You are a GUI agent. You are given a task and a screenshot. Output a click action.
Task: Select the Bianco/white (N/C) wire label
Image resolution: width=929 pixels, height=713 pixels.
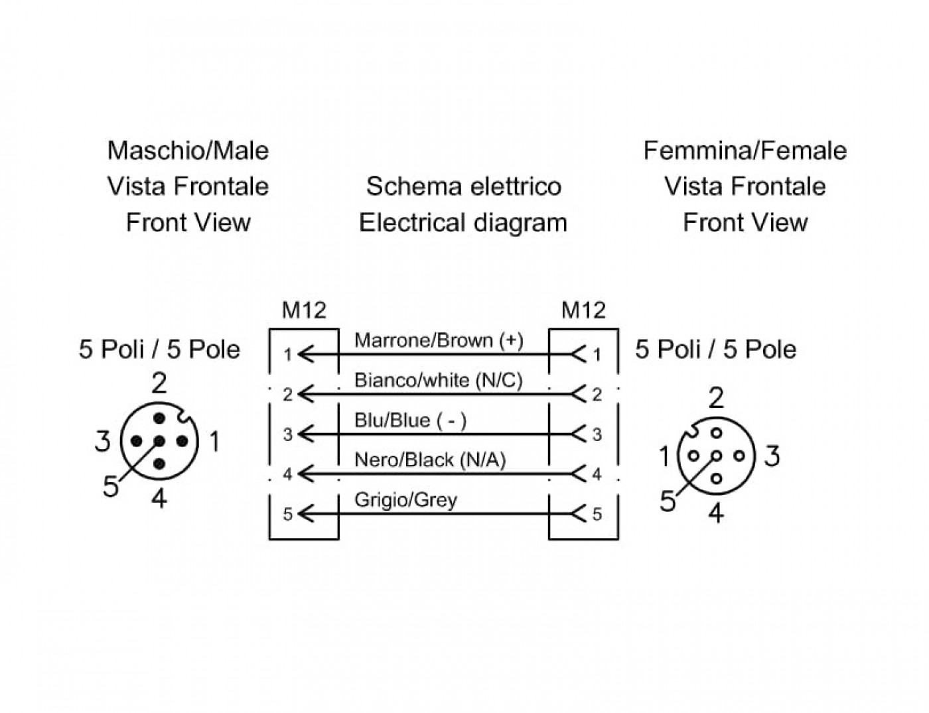438,381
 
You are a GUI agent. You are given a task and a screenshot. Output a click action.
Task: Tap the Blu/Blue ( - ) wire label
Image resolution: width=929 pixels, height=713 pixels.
410,421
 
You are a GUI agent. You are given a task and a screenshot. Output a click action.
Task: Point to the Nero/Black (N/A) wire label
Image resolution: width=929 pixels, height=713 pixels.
430,460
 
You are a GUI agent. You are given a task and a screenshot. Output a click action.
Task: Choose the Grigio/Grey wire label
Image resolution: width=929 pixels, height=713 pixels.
405,500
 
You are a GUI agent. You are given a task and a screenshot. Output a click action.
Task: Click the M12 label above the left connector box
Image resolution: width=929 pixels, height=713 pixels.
304,310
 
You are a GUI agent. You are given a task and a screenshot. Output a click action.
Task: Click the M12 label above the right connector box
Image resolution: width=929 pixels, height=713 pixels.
583,310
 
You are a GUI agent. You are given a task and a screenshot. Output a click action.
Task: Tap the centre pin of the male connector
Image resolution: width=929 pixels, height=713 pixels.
159,441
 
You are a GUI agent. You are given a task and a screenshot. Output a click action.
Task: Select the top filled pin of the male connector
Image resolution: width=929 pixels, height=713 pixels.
159,419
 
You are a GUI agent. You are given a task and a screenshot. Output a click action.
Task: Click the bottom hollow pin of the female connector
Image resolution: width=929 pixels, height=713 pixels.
717,478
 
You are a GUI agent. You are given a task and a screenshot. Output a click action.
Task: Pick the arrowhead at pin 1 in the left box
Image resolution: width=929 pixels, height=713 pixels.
306,354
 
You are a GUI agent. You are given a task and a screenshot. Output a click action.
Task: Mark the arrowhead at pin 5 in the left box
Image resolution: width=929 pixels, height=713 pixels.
306,514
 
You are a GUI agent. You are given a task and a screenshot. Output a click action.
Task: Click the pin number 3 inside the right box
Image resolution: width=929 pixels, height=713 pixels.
597,435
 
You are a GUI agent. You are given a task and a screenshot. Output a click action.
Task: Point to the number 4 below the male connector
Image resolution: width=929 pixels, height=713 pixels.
159,498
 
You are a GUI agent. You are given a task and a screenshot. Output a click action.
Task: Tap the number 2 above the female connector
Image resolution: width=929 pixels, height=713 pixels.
717,398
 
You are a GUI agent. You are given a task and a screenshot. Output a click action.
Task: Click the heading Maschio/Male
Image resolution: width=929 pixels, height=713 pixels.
188,151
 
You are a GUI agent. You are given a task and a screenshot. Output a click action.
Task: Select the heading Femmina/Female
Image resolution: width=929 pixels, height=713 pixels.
745,151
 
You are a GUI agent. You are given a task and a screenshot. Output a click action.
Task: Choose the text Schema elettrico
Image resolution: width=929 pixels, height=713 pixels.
463,186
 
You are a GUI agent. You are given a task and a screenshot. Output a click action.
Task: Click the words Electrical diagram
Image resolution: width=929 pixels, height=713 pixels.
463,224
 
